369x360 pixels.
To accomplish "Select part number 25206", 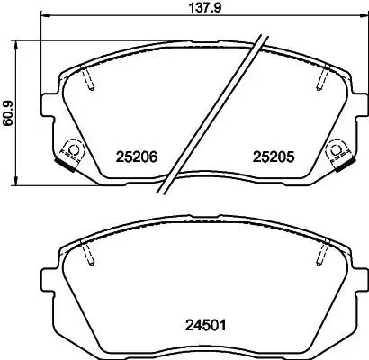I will (137, 156).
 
